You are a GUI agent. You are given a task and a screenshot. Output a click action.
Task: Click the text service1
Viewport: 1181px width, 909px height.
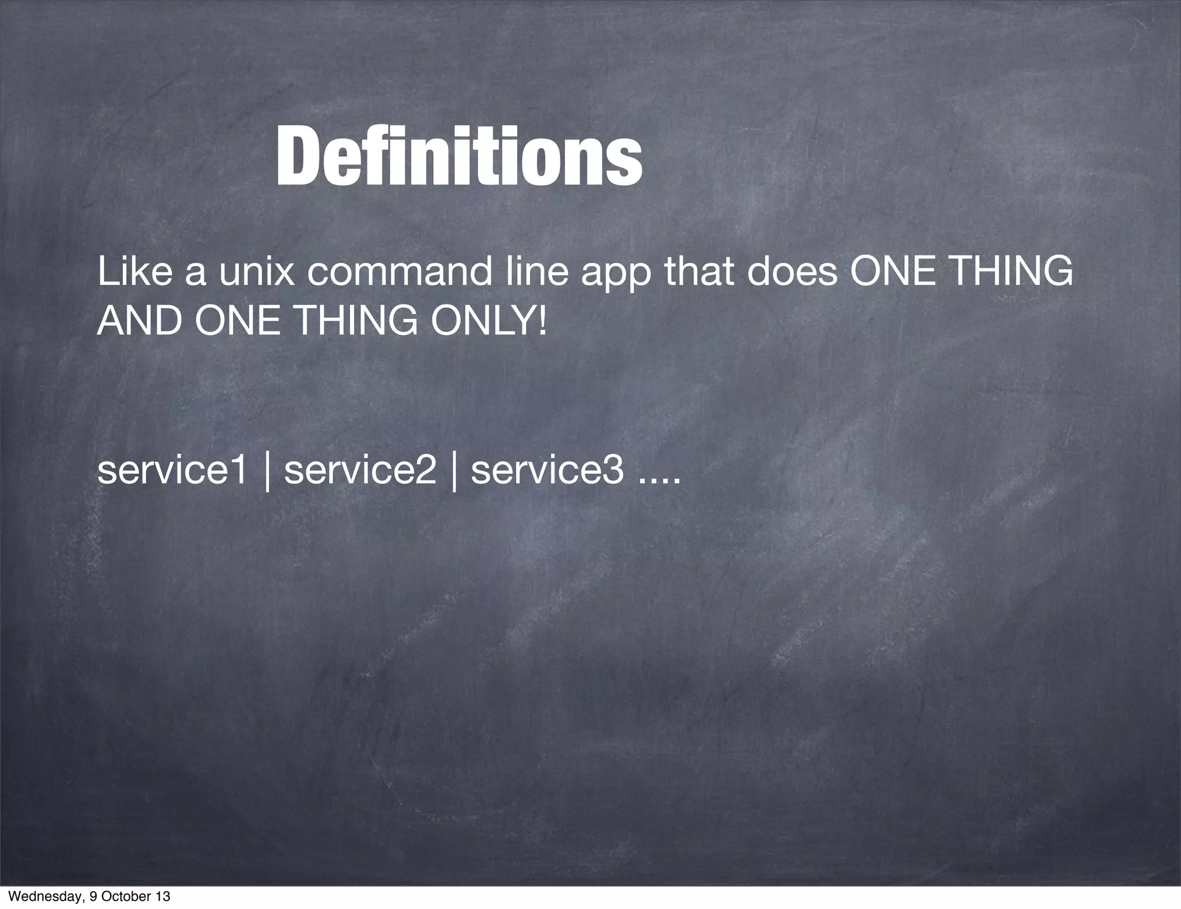(172, 470)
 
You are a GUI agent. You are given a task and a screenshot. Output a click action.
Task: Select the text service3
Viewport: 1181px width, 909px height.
(547, 470)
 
